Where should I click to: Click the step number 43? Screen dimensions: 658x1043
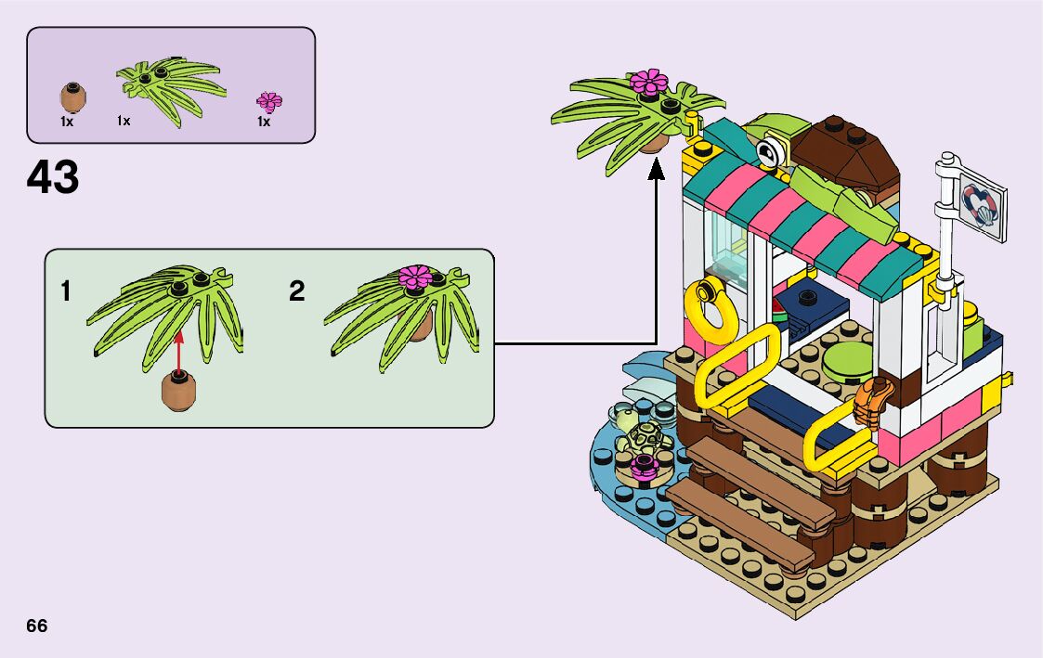[x=54, y=177]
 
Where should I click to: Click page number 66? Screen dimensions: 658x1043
[x=37, y=626]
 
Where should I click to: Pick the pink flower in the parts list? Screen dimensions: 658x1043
[x=268, y=101]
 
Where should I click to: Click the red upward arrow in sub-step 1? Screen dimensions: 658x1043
[x=179, y=347]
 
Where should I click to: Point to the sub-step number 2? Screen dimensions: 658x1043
[x=296, y=291]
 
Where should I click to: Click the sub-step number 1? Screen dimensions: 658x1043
[x=66, y=291]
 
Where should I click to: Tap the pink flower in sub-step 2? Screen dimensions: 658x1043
[x=412, y=276]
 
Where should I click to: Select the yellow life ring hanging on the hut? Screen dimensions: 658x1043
[x=709, y=309]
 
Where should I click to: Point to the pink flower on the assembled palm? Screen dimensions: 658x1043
[x=649, y=82]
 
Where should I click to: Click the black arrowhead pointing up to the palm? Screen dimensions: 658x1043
[x=657, y=166]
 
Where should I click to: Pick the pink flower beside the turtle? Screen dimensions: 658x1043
[x=642, y=465]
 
